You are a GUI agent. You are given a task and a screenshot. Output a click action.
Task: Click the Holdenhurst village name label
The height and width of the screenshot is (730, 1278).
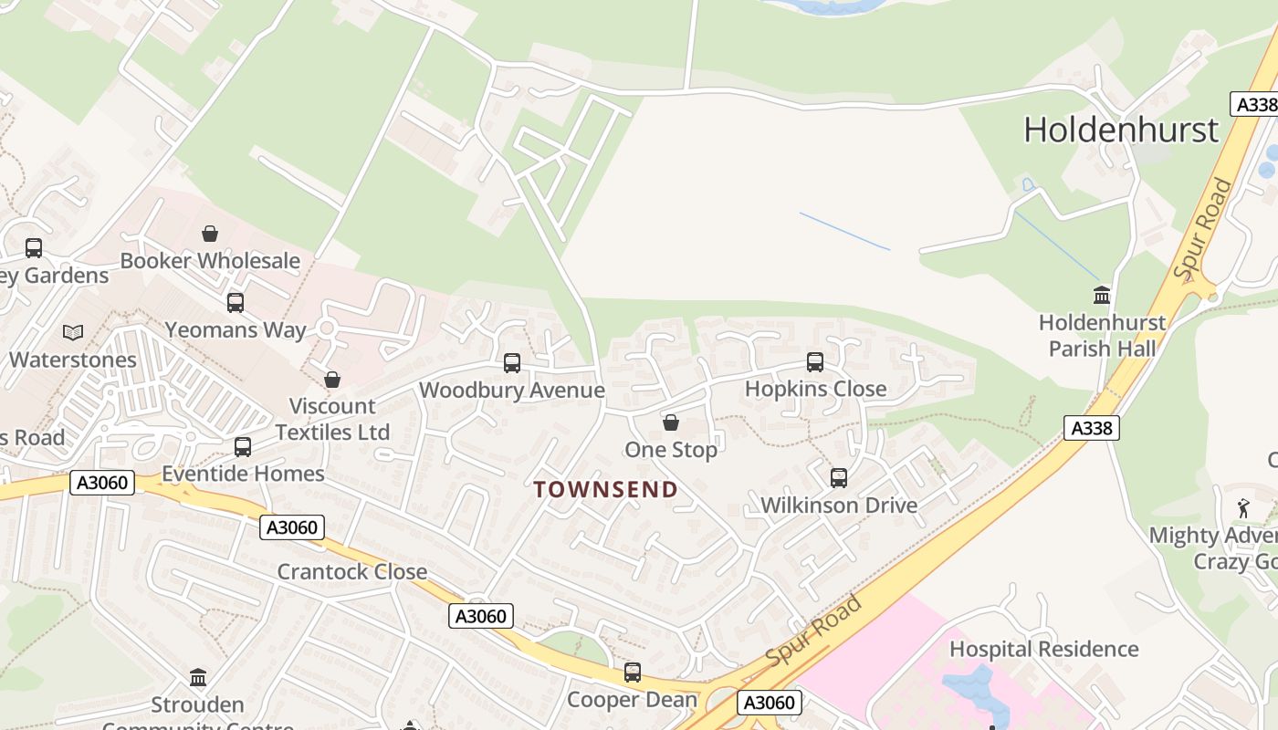tap(1120, 130)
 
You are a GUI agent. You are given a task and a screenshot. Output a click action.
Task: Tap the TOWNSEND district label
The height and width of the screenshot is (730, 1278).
tap(606, 490)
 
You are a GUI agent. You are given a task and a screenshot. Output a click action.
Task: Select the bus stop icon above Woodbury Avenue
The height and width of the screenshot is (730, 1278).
tap(512, 363)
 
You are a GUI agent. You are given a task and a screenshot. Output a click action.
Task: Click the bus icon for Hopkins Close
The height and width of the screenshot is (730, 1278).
tap(815, 362)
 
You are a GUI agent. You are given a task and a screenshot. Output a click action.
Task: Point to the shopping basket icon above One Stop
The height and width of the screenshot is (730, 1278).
tap(671, 422)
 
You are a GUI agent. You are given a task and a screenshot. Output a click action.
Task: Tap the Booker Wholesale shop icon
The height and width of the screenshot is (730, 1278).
tap(210, 234)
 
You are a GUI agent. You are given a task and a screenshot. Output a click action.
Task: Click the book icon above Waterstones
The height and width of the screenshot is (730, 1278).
tap(73, 333)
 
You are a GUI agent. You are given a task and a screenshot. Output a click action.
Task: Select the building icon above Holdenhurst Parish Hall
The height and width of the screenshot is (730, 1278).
tap(1102, 296)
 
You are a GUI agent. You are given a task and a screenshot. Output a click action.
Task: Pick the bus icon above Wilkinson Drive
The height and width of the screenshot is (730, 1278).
tap(839, 477)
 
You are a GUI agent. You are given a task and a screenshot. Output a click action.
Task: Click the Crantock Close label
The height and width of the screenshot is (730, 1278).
tap(351, 572)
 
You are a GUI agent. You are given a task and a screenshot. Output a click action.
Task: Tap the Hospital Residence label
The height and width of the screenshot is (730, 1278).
tap(1044, 649)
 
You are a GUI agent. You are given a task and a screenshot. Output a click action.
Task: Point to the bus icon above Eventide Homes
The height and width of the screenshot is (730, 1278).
tap(243, 447)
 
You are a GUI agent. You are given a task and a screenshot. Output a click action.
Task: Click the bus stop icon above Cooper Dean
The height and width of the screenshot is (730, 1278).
tap(633, 673)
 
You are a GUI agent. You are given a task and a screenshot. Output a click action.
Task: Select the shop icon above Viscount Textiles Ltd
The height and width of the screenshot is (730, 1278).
tap(332, 380)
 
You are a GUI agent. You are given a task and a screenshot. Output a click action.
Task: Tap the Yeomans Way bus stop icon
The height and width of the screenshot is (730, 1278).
tap(236, 303)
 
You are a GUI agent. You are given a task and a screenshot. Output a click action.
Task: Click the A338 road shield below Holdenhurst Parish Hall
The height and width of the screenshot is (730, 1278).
tap(1091, 427)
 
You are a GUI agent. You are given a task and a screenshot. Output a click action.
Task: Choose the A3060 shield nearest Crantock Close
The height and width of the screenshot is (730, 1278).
tap(292, 527)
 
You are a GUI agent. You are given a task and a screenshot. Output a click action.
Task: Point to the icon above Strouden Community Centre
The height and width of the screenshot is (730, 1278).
tap(198, 678)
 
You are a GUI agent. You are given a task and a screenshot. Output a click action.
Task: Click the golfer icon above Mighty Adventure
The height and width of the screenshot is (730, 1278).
tap(1243, 508)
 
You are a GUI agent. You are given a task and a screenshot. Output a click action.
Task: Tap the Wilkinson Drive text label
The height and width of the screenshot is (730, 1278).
tap(839, 506)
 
